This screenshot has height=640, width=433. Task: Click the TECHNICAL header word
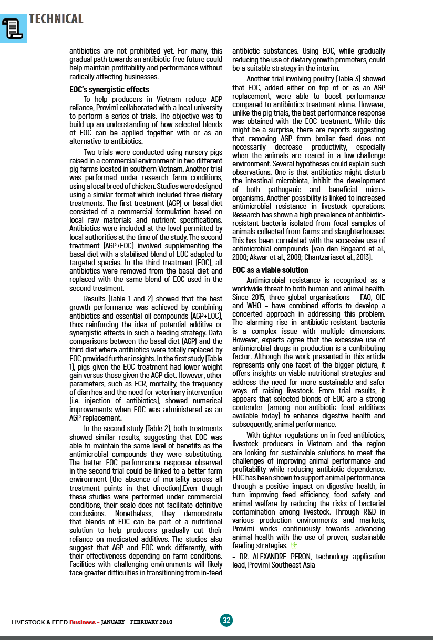(x=56, y=19)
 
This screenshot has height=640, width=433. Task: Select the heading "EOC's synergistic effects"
(x=109, y=90)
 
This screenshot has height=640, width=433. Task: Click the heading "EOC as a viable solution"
(x=270, y=270)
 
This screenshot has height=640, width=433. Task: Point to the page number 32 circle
(x=226, y=620)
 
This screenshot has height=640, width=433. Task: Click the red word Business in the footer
(x=82, y=622)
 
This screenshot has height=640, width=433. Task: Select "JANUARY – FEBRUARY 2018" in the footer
(x=136, y=622)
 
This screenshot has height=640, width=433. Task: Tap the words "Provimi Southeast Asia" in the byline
(x=281, y=565)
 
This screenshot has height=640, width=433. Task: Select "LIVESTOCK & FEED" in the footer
(x=40, y=622)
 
